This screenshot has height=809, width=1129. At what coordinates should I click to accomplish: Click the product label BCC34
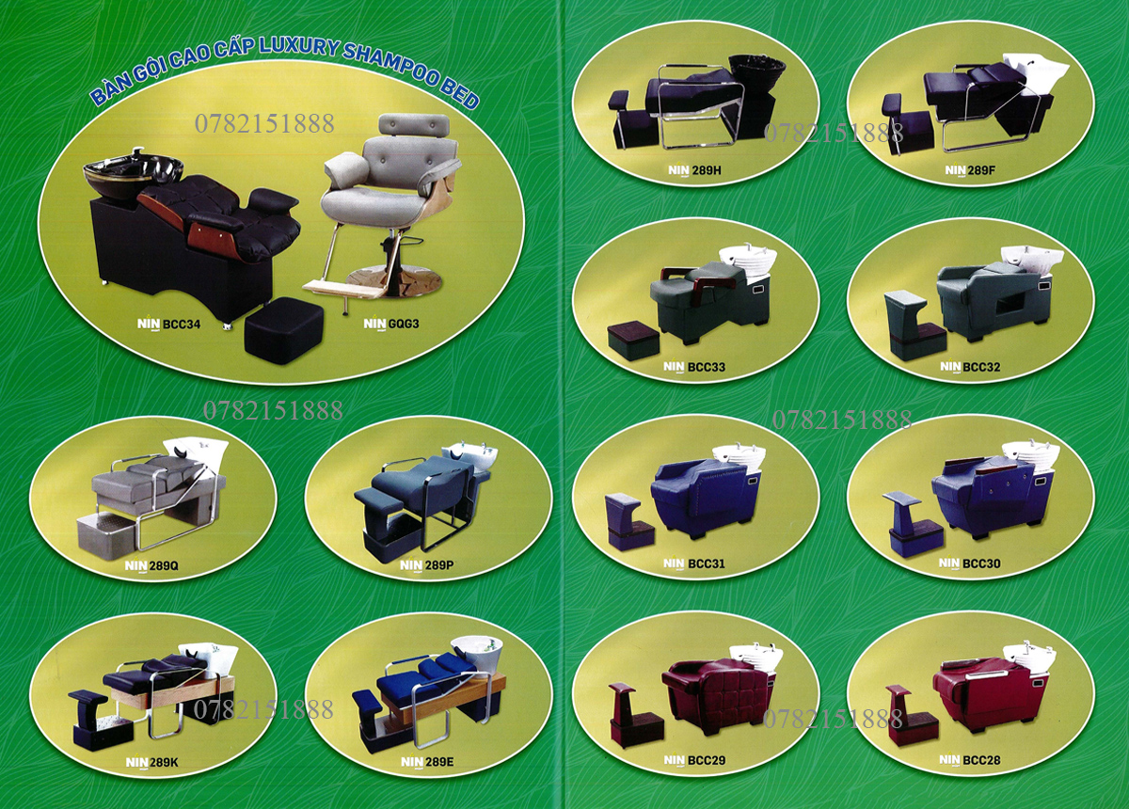(x=182, y=324)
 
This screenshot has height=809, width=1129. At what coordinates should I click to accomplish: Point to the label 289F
(x=979, y=170)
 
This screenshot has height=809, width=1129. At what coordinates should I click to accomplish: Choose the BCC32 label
(x=981, y=367)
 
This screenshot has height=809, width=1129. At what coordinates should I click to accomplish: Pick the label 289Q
(x=162, y=566)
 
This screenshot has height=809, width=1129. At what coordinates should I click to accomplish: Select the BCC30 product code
(x=980, y=563)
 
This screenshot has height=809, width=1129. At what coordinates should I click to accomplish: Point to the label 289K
(x=162, y=763)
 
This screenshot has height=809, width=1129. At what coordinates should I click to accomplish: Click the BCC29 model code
(x=704, y=759)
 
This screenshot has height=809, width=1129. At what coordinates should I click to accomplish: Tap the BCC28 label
(x=980, y=759)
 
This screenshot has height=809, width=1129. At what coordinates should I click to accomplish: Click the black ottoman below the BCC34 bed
(x=283, y=325)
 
